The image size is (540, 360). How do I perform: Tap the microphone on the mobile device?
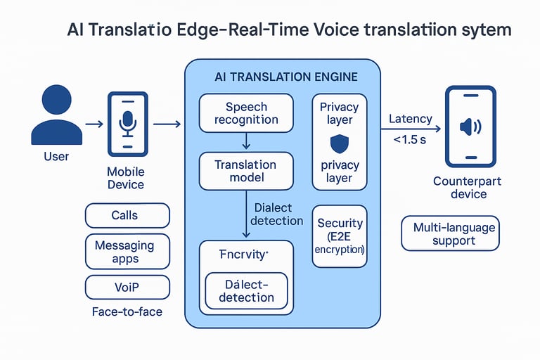pyautogui.click(x=127, y=123)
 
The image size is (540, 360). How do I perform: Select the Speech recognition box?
pyautogui.click(x=246, y=113)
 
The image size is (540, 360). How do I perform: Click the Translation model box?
pyautogui.click(x=246, y=171)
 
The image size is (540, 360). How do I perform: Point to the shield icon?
pyautogui.click(x=339, y=144)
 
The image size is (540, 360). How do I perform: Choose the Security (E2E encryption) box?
pyautogui.click(x=340, y=236)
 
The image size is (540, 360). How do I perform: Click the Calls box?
pyautogui.click(x=127, y=215)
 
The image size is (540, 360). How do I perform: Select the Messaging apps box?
pyautogui.click(x=127, y=252)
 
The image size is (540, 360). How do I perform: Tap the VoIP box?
pyautogui.click(x=127, y=287)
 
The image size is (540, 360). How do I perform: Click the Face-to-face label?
pyautogui.click(x=127, y=311)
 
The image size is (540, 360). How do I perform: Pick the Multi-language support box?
pyautogui.click(x=450, y=234)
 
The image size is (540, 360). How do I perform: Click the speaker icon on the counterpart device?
pyautogui.click(x=469, y=127)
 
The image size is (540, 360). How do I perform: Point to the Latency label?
pyautogui.click(x=411, y=120)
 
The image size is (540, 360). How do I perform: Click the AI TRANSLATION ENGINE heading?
pyautogui.click(x=285, y=76)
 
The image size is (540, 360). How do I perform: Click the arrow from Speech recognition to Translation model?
pyautogui.click(x=246, y=142)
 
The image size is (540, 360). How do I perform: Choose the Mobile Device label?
pyautogui.click(x=126, y=178)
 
